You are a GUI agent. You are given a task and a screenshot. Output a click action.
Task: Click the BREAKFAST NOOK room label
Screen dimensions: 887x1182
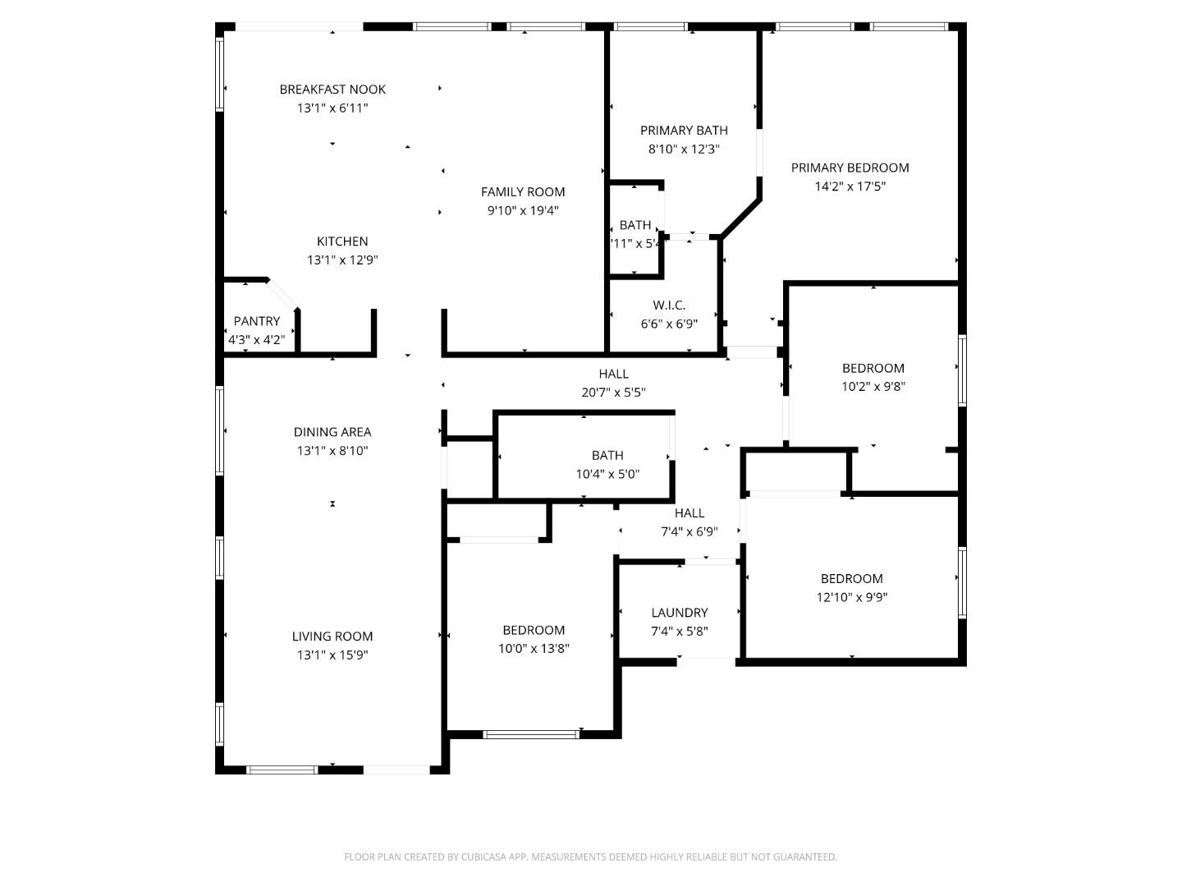(x=332, y=90)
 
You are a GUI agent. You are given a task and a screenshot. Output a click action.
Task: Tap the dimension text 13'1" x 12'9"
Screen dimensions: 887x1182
(x=342, y=260)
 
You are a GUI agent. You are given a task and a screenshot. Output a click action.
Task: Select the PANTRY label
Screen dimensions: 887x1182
(x=256, y=321)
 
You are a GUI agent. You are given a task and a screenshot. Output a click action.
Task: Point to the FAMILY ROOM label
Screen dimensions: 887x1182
(x=523, y=192)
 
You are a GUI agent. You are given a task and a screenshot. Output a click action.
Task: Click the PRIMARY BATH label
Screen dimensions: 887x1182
(x=684, y=131)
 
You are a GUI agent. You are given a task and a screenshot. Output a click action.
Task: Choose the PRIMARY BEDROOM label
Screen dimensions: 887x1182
(x=850, y=168)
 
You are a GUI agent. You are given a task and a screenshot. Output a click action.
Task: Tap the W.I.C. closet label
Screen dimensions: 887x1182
(x=669, y=306)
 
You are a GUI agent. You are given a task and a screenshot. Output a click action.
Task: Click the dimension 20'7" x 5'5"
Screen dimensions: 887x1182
(x=613, y=393)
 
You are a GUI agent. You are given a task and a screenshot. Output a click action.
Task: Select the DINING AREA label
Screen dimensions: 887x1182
(x=332, y=432)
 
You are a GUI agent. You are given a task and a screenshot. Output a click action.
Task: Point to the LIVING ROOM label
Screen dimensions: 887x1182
(x=332, y=637)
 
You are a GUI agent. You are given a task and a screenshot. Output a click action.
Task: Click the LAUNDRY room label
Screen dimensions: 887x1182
(x=679, y=613)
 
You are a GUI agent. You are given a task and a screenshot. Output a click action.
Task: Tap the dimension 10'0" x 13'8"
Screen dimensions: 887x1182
(x=534, y=649)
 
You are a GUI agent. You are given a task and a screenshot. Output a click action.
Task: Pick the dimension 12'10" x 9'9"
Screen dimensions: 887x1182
(x=851, y=598)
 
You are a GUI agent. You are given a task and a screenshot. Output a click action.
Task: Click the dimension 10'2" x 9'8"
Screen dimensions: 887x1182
(x=873, y=387)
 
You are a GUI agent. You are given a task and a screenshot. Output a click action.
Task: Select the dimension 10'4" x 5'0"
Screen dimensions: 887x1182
(x=607, y=474)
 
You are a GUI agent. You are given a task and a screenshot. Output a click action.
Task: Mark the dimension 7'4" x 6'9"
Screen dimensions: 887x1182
(x=689, y=532)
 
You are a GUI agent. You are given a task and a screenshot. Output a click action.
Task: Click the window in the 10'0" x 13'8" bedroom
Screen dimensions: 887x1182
(x=531, y=734)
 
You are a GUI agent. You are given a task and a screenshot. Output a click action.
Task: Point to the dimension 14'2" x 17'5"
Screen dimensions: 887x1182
(x=850, y=186)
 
